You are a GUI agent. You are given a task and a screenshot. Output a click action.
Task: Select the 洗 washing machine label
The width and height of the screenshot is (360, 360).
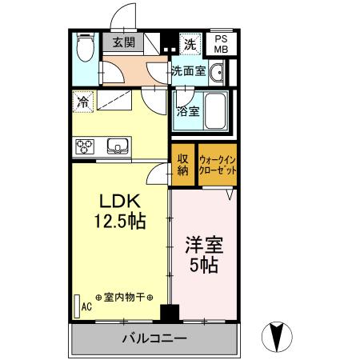click(190, 42)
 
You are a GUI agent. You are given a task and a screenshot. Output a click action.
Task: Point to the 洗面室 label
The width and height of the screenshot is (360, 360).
click(188, 70)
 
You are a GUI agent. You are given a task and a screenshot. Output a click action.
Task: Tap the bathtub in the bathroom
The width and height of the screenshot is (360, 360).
click(213, 110)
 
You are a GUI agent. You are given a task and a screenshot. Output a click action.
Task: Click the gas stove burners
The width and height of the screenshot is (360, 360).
click(86, 146)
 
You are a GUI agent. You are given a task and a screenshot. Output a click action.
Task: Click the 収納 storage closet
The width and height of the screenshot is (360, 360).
click(182, 163)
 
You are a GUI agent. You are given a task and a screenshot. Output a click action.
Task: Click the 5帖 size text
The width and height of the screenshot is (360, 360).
click(204, 264)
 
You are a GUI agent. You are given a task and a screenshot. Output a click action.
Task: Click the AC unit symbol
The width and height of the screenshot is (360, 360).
click(78, 306)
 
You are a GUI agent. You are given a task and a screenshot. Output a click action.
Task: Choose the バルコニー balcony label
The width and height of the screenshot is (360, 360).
click(154, 338)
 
